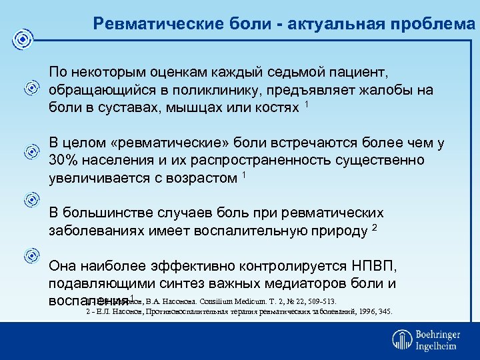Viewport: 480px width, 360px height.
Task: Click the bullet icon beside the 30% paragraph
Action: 31,153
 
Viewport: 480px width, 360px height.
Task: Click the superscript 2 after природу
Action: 375,228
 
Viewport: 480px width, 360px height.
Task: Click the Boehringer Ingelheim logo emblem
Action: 402,339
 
